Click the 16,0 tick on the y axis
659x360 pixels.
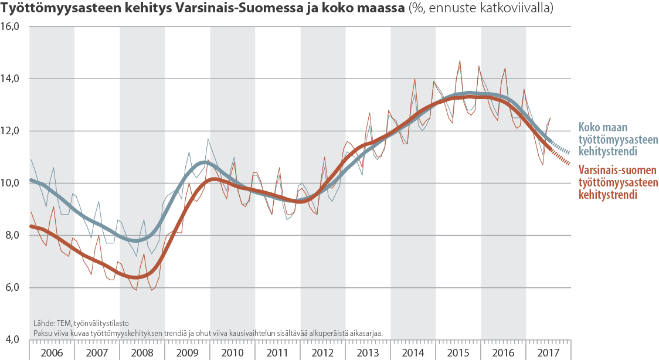(12, 27)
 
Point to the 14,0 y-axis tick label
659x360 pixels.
(12, 79)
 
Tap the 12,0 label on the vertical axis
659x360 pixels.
(12, 131)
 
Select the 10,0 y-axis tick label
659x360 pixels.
(12, 183)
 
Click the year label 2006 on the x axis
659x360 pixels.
(52, 352)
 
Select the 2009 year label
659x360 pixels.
(187, 352)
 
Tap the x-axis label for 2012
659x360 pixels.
(322, 352)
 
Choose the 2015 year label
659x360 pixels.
(458, 352)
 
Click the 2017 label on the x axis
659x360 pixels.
(548, 352)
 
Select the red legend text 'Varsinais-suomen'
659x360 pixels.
(618, 171)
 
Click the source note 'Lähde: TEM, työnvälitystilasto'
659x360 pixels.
(81, 323)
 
